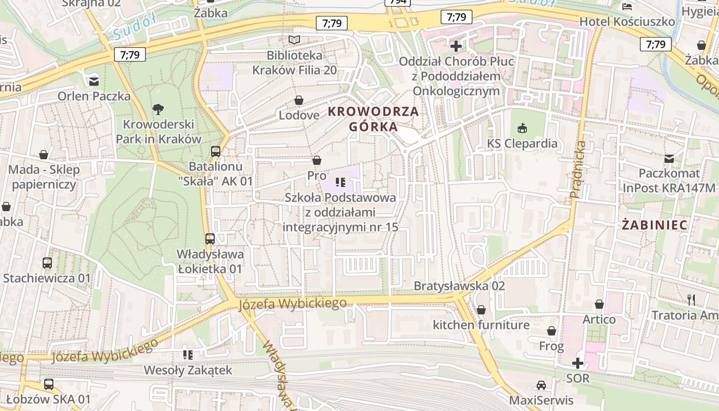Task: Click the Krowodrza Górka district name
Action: [373, 119]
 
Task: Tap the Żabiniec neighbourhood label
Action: [654, 225]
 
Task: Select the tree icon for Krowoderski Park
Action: [158, 108]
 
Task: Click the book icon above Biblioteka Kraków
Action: [294, 40]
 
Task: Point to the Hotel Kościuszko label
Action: [627, 22]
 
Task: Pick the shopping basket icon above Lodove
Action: [298, 100]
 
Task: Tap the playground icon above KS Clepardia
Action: [522, 127]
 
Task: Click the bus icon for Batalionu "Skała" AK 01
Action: [216, 151]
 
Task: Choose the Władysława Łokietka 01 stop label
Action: [210, 261]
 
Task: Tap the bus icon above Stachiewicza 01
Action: [47, 263]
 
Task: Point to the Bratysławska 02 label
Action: [459, 286]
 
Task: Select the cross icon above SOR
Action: [578, 363]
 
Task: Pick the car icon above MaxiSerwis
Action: [541, 385]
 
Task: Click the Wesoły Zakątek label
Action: [188, 370]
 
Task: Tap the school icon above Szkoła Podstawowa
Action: [339, 182]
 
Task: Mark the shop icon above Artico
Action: [599, 304]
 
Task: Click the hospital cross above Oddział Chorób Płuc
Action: [456, 46]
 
